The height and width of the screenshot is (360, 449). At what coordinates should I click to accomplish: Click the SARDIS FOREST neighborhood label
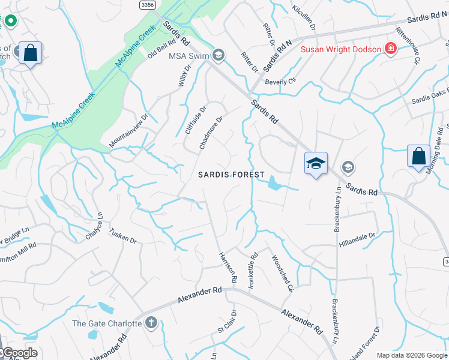(231, 175)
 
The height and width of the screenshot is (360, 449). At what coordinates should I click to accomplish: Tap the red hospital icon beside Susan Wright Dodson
(391, 49)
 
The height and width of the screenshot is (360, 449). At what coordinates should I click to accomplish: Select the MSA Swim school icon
(218, 55)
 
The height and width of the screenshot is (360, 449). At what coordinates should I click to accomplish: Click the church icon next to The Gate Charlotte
(151, 323)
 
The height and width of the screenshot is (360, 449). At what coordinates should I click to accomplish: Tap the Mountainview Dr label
(128, 132)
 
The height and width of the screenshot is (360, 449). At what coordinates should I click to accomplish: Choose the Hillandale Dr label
(357, 239)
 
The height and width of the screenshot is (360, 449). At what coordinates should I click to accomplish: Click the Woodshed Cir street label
(281, 274)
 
